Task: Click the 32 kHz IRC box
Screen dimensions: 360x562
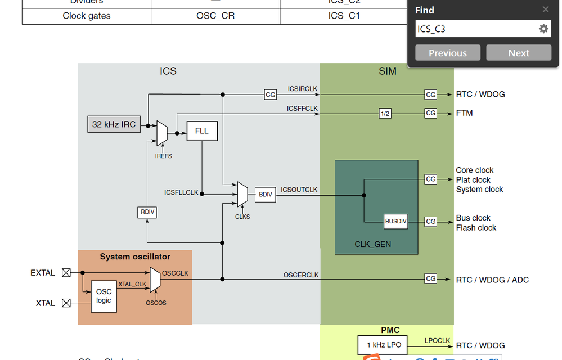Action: pyautogui.click(x=114, y=124)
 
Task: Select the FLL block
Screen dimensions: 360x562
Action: pyautogui.click(x=201, y=131)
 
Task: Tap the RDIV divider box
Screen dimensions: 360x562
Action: pyautogui.click(x=146, y=213)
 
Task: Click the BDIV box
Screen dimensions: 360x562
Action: pyautogui.click(x=265, y=195)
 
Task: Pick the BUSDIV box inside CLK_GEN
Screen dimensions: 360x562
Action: pyautogui.click(x=395, y=221)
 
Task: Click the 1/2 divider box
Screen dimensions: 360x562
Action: pyautogui.click(x=385, y=114)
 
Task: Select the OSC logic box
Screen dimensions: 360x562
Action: pyautogui.click(x=104, y=296)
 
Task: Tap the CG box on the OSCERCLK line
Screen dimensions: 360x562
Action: pyautogui.click(x=430, y=278)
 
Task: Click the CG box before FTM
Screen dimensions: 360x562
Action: pyautogui.click(x=430, y=114)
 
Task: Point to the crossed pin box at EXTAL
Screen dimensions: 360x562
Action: pyautogui.click(x=66, y=273)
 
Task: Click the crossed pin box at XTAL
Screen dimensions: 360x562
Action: pyautogui.click(x=66, y=303)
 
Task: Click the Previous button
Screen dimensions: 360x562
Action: pyautogui.click(x=448, y=53)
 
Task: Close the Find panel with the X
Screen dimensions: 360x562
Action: pyautogui.click(x=545, y=10)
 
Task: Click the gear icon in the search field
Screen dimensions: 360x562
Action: pyautogui.click(x=543, y=29)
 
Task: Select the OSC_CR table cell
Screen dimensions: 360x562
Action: pyautogui.click(x=215, y=16)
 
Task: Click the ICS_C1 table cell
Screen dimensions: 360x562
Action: pyautogui.click(x=344, y=16)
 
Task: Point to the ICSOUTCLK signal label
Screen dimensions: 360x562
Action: pyautogui.click(x=299, y=190)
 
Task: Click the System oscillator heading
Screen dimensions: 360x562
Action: pyautogui.click(x=135, y=256)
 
